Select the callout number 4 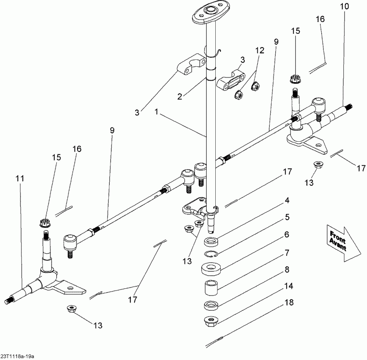287,200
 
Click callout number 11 20,178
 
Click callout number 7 287,252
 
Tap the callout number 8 287,269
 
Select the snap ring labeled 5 210,255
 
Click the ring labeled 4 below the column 210,241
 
